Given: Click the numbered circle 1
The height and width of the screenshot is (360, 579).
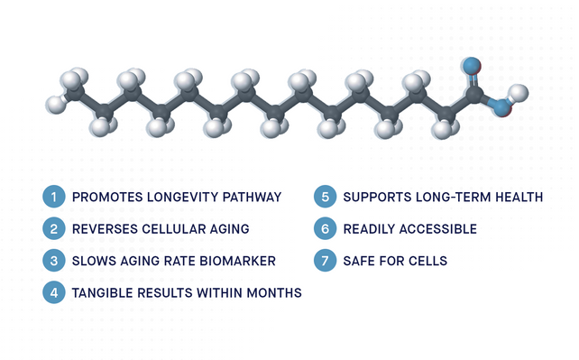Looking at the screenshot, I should point(54,197).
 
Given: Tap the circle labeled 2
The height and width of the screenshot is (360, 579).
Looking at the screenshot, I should point(54,229).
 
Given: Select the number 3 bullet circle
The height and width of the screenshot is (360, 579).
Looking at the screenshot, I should point(54,261).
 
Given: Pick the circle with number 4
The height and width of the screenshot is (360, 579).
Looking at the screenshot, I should point(54,292).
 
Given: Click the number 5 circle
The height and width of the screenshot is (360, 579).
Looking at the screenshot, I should point(326,197).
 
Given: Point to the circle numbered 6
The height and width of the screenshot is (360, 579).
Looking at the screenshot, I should point(326,229).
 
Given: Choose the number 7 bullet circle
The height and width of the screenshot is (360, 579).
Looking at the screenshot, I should point(326,261).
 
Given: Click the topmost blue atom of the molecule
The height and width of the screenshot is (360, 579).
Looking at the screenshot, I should point(472,66).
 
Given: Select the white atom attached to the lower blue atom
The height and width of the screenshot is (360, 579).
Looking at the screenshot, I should point(518,93).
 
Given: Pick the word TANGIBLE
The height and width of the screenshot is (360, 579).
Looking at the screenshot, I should point(104,292).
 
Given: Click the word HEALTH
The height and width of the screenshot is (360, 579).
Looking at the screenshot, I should point(518,197).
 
